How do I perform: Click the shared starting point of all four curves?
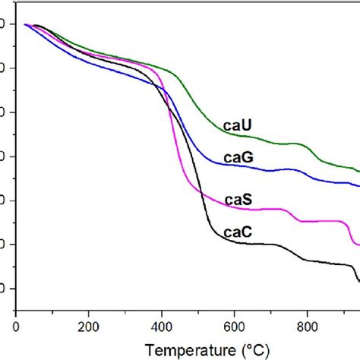tap(25, 25)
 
